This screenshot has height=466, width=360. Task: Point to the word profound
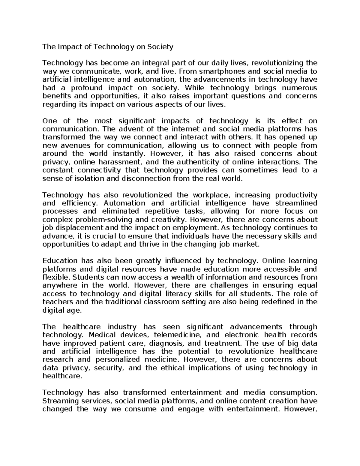(85, 88)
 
